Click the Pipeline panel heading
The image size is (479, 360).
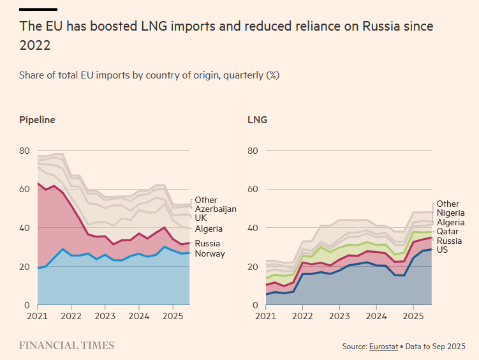click(37, 120)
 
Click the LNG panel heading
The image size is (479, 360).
click(257, 120)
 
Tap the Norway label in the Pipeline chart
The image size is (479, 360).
click(210, 254)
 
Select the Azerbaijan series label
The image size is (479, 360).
click(216, 209)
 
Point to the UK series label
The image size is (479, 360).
click(200, 218)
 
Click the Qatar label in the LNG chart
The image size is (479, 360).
click(448, 232)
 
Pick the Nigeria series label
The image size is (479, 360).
click(451, 213)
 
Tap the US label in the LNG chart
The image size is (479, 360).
click(443, 250)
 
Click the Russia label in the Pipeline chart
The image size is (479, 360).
click(209, 244)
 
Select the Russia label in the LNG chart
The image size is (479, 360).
click(450, 241)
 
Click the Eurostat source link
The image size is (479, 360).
click(383, 347)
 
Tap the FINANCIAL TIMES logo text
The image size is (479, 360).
click(67, 346)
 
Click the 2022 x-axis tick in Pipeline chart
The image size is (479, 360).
click(71, 315)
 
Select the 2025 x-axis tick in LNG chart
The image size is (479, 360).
click(413, 315)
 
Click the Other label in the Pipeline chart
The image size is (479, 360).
click(206, 200)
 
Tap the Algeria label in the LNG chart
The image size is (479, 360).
click(450, 223)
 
